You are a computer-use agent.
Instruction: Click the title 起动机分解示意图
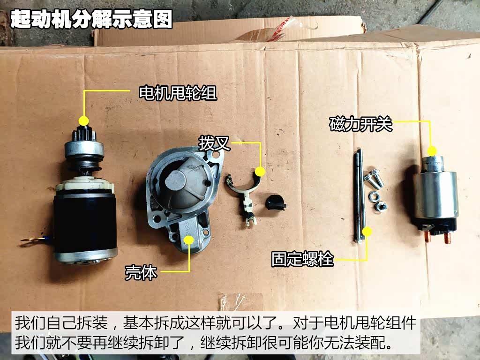[91, 19]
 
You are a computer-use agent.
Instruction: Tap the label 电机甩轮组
[178, 93]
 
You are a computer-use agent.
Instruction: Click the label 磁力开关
[361, 124]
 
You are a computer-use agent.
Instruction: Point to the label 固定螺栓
[302, 259]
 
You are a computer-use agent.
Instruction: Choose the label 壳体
[141, 272]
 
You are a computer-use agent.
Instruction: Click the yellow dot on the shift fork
[260, 172]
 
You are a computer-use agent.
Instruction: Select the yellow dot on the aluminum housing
[189, 240]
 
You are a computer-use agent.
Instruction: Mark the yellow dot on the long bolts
[367, 232]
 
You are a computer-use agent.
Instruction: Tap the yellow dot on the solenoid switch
[432, 150]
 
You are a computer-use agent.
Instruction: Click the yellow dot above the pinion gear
[83, 120]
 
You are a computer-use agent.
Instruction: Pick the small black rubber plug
[275, 202]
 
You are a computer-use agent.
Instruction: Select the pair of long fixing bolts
[360, 196]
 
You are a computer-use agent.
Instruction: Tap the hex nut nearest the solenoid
[381, 207]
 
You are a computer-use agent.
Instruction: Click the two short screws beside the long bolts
[374, 179]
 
